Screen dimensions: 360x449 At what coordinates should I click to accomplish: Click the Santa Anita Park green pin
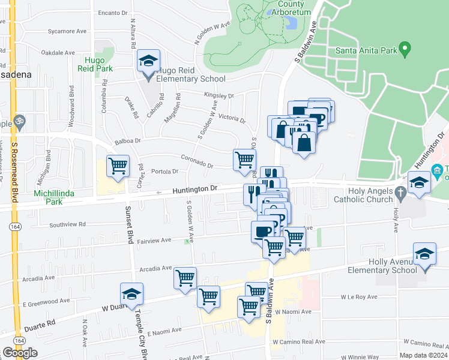point(406,47)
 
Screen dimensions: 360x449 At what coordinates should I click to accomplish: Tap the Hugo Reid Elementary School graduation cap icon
point(148,60)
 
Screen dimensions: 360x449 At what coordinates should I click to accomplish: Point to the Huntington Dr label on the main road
point(195,189)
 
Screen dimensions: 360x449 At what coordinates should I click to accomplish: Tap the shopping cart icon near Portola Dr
point(118,166)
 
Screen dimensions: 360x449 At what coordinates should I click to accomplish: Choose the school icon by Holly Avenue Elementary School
point(424,254)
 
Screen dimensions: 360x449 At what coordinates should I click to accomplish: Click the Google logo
point(20,353)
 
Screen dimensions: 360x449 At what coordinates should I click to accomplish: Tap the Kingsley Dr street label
point(219,95)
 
